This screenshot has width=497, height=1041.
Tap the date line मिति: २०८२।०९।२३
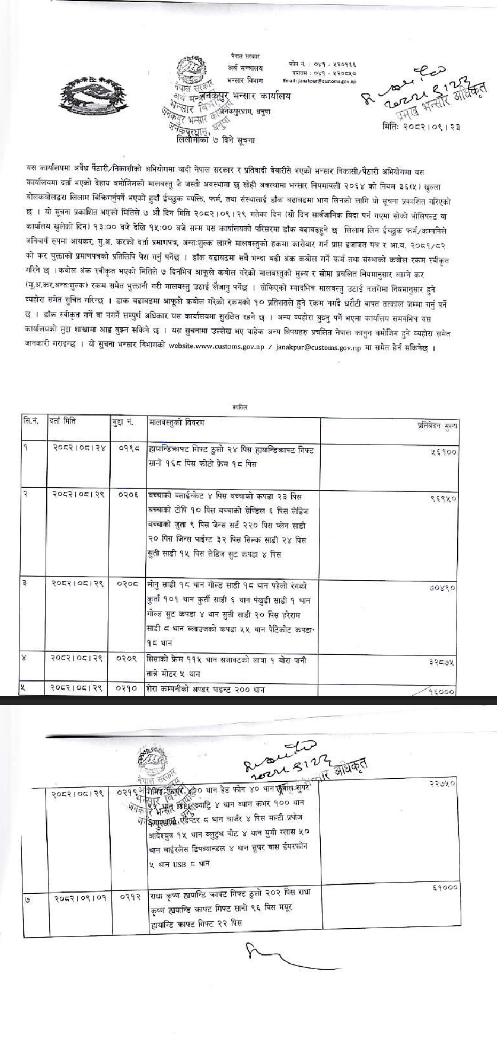[x=421, y=127]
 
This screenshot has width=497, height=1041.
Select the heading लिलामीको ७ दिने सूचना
[x=216, y=140]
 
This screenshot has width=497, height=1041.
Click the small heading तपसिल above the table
[x=240, y=408]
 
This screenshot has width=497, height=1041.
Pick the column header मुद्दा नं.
[x=123, y=422]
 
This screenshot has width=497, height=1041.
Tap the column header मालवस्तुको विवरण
[x=176, y=422]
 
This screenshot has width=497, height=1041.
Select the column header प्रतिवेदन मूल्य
[x=437, y=426]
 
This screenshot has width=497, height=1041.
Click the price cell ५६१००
[x=443, y=452]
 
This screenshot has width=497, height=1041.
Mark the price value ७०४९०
[x=443, y=588]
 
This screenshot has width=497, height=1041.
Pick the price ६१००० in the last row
[x=445, y=888]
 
